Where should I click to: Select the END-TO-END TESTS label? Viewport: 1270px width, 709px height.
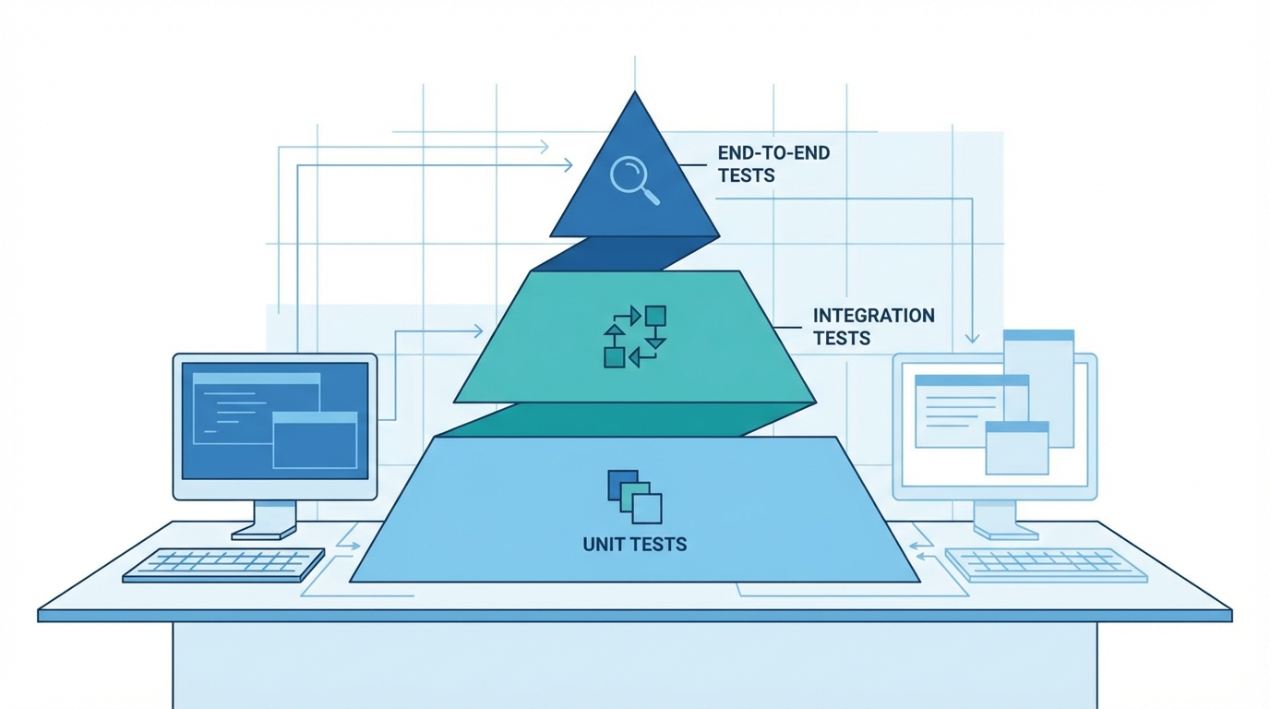[x=773, y=163]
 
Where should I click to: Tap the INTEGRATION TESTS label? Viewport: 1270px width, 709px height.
[x=873, y=327]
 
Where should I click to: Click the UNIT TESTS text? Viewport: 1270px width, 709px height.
[x=635, y=544]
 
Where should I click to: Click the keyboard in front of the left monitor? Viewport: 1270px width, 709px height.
[x=224, y=564]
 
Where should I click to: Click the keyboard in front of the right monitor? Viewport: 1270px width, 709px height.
[x=1046, y=564]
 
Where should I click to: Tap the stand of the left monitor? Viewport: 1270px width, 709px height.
[x=265, y=519]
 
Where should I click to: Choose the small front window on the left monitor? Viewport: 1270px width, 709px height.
[x=315, y=440]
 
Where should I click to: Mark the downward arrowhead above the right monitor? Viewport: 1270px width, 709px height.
[x=972, y=337]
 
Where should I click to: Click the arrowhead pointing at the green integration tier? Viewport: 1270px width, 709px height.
[x=477, y=330]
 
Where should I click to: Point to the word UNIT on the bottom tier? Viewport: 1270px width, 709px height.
[x=603, y=544]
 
